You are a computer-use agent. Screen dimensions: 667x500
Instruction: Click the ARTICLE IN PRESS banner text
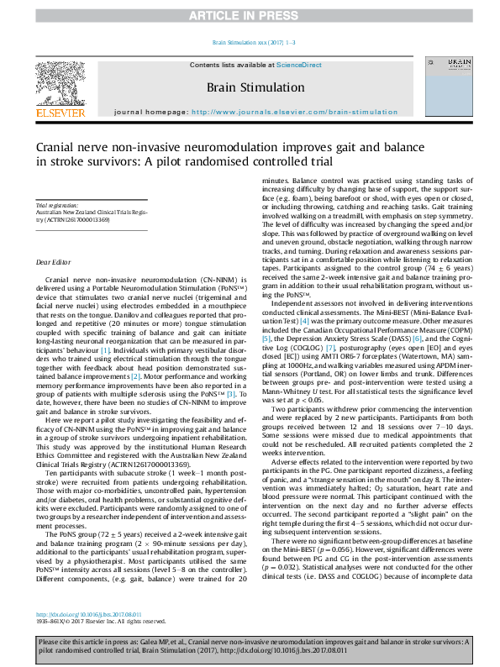250,15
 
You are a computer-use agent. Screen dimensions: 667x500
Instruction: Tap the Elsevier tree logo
60,81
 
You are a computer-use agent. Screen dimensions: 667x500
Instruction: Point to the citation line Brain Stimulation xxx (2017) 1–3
250,42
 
